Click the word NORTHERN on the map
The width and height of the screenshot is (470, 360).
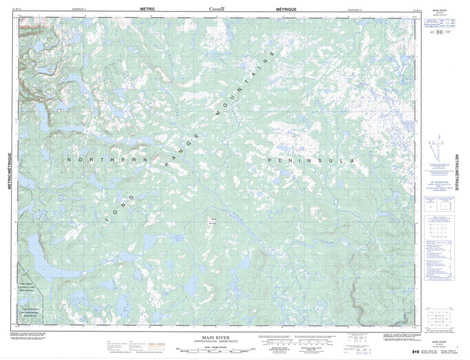(x=107, y=160)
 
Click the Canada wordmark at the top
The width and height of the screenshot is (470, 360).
(x=217, y=9)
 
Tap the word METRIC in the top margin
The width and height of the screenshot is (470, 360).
(x=147, y=9)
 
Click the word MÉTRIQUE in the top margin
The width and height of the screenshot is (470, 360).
(x=286, y=9)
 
